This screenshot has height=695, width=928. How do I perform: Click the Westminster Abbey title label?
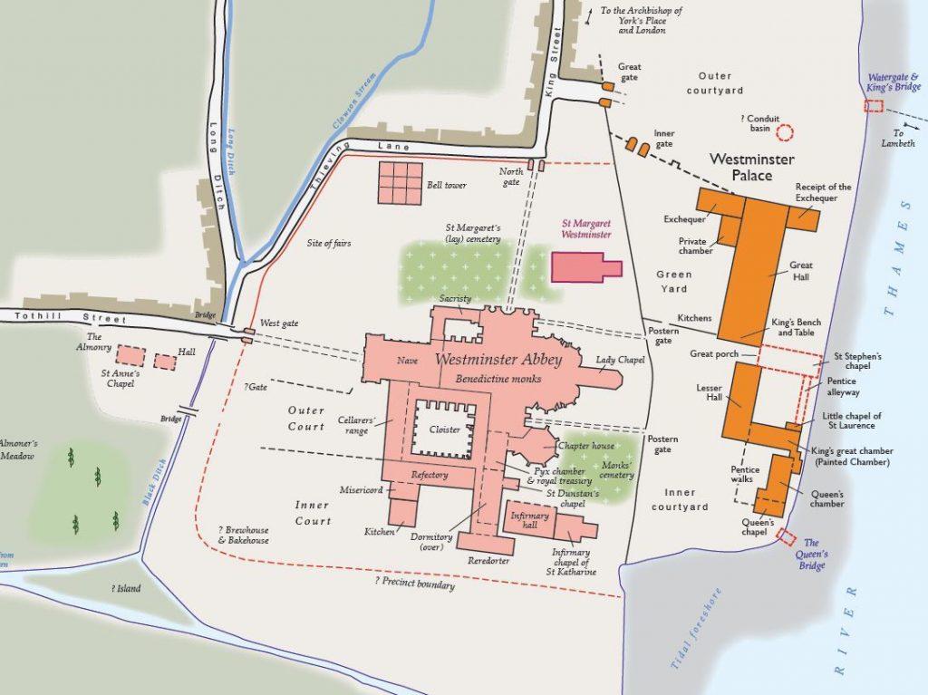click(498, 360)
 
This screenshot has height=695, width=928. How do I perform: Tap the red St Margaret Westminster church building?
click(585, 268)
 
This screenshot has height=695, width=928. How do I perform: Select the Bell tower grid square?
click(401, 183)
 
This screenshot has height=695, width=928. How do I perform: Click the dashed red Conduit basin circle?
click(785, 132)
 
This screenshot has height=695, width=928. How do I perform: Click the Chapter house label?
click(585, 446)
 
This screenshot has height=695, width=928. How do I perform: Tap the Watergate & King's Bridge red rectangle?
click(874, 106)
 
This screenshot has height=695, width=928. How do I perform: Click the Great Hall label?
click(801, 272)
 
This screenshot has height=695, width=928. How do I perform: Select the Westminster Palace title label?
click(751, 167)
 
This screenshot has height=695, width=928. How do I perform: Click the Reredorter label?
click(489, 561)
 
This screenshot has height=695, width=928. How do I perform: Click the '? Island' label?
click(126, 588)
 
